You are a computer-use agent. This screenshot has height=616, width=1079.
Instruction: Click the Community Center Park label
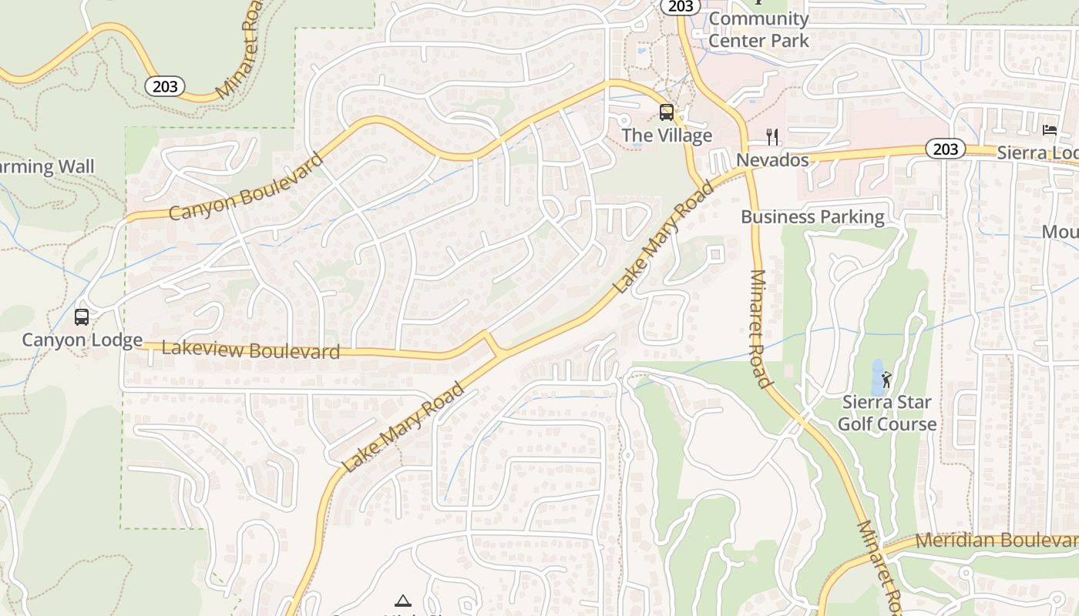point(758,30)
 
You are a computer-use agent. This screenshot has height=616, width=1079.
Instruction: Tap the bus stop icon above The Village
point(667,112)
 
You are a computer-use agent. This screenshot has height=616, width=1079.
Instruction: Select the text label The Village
point(667,136)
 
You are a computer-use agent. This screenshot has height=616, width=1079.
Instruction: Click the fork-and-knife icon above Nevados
point(772,137)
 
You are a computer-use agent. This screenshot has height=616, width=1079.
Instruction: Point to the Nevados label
point(772,160)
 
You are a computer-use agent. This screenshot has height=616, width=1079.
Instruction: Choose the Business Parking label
point(812,217)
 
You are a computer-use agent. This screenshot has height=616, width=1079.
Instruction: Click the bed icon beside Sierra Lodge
point(1050,129)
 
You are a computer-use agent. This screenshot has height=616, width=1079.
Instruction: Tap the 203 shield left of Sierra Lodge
point(945,149)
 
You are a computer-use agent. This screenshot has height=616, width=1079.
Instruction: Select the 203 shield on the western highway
point(165,86)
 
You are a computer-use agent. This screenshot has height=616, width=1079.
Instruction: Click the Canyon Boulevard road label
point(246,187)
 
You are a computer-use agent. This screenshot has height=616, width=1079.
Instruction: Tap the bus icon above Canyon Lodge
point(82,316)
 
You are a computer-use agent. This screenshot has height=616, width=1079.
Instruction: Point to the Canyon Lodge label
point(82,340)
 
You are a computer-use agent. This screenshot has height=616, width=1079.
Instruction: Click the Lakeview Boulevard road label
point(251,351)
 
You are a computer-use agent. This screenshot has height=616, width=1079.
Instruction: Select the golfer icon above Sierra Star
point(886,379)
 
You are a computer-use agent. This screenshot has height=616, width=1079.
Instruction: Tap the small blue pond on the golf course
point(877,377)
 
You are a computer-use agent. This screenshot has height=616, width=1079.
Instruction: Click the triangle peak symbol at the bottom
point(402,601)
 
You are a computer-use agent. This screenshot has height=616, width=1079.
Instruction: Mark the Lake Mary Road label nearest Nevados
point(664,237)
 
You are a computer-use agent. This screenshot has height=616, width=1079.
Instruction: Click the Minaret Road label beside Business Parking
point(758,328)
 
